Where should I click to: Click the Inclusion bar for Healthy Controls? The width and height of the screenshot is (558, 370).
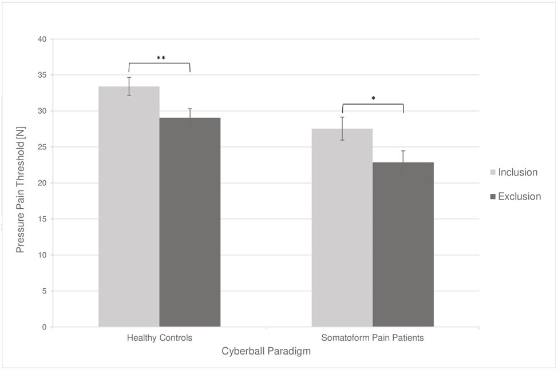pos(129,206)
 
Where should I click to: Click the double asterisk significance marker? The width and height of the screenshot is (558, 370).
pos(161,58)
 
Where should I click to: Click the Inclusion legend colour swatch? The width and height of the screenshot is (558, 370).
pos(493,173)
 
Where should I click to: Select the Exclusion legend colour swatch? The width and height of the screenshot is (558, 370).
pos(493,197)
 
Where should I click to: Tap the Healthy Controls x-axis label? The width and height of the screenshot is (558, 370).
pos(160,338)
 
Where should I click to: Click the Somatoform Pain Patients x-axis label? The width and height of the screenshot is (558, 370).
pos(373,338)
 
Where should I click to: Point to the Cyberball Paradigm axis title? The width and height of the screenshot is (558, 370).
pos(266,352)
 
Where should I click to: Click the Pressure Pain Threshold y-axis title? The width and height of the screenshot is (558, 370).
pos(20,183)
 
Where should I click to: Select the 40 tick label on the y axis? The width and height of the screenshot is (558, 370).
pos(42,39)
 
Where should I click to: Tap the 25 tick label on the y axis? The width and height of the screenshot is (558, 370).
pos(42,147)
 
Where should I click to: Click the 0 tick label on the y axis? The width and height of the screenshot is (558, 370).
pos(45,327)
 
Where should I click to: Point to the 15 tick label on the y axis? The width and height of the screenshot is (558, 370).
pos(42,219)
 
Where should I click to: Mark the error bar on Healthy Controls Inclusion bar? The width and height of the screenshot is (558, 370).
pos(129,86)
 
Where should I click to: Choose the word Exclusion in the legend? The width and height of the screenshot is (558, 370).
pos(519,197)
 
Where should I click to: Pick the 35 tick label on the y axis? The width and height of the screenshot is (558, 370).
pos(42,75)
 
